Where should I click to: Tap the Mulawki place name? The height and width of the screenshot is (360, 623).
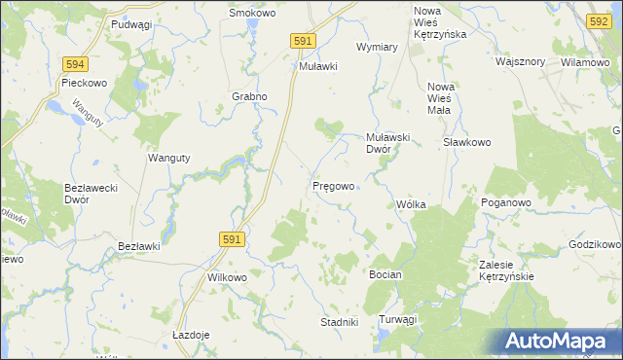click(x=317, y=66)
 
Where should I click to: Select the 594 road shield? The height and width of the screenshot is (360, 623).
click(x=75, y=64)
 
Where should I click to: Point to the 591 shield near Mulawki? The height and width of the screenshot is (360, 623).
click(x=303, y=41)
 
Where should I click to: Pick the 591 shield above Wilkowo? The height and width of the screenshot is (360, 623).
click(x=231, y=238)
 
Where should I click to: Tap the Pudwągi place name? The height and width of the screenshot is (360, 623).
click(x=131, y=24)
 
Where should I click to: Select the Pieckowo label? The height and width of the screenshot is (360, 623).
click(x=83, y=83)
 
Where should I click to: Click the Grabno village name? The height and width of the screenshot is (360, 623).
click(x=249, y=97)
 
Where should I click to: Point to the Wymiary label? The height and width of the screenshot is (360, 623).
click(x=377, y=47)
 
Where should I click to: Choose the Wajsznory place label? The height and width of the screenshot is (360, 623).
click(x=519, y=61)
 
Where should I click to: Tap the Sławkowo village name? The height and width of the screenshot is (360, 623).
click(x=466, y=142)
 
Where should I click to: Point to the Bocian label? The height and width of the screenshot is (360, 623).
click(x=385, y=275)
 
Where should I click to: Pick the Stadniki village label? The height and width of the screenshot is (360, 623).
click(x=341, y=322)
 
